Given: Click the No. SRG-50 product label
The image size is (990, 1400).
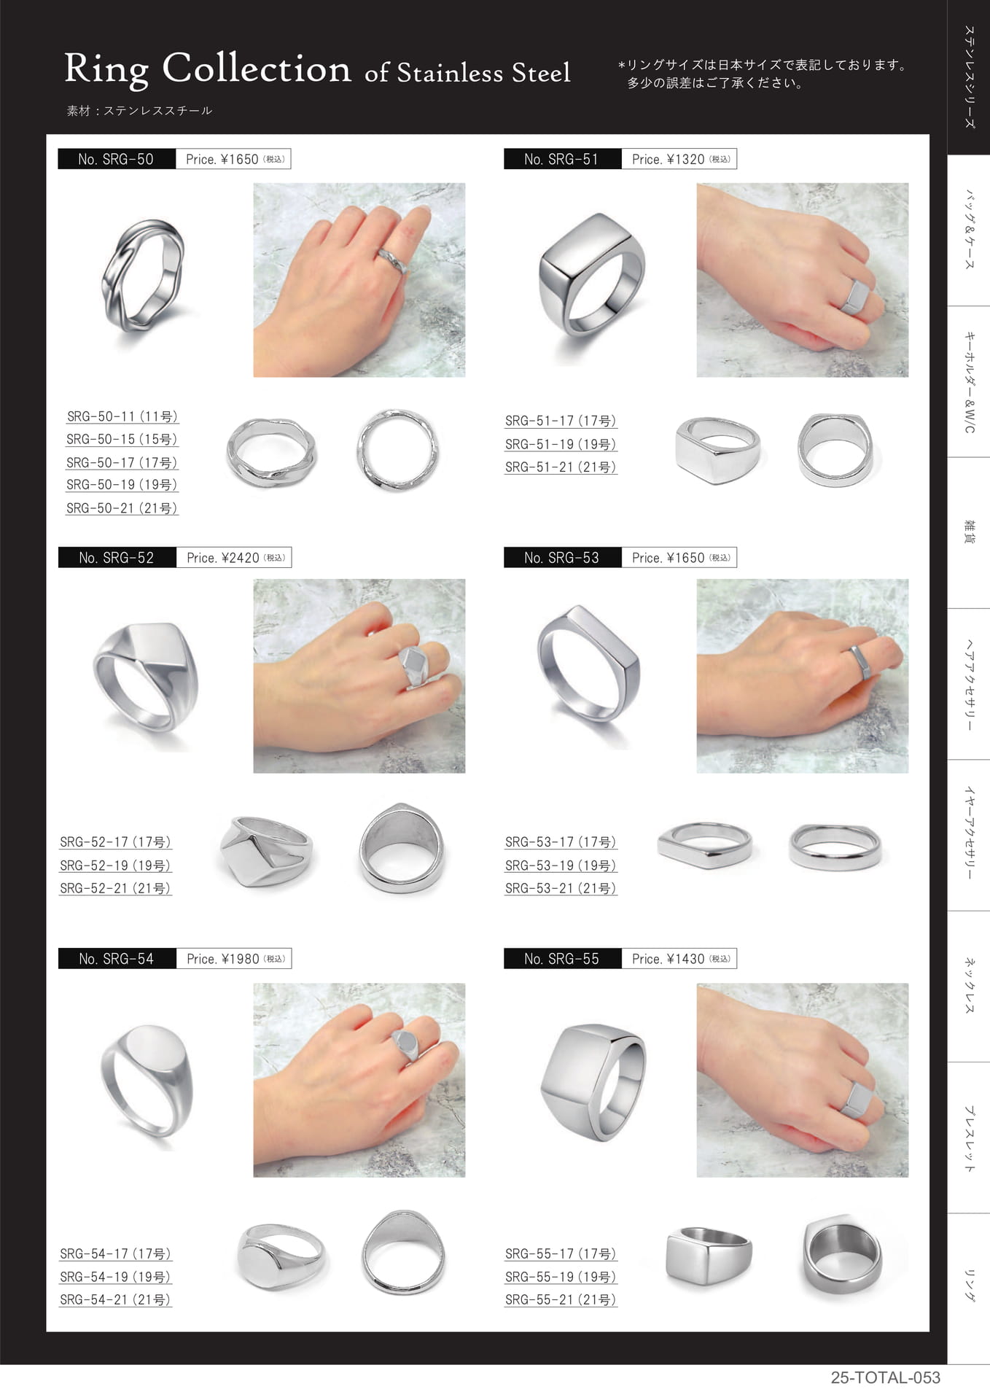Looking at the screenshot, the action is tap(117, 159).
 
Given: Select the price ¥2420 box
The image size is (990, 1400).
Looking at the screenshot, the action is tap(233, 558).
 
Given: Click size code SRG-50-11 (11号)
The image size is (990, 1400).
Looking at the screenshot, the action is tap(122, 416).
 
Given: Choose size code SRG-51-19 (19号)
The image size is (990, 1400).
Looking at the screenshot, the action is tap(561, 444).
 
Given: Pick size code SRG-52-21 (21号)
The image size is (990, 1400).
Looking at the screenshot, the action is tap(115, 888).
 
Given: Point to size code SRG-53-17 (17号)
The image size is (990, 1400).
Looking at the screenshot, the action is tap(561, 842).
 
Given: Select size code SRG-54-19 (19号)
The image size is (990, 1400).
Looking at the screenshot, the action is tap(115, 1277).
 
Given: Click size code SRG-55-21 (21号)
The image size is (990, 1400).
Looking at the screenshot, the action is tap(561, 1299).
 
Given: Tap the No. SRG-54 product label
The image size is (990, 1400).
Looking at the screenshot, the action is tap(117, 959).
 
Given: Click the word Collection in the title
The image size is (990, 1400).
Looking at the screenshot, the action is tap(257, 69).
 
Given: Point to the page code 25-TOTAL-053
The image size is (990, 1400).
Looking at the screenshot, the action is tap(885, 1377).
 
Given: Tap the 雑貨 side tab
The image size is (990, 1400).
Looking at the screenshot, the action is tap(969, 532).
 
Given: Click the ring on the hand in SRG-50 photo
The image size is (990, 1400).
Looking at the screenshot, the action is tap(391, 260).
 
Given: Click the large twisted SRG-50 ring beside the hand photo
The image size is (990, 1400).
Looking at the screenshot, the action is tap(143, 276).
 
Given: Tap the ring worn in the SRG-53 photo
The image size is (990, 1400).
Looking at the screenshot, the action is tap(861, 662).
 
